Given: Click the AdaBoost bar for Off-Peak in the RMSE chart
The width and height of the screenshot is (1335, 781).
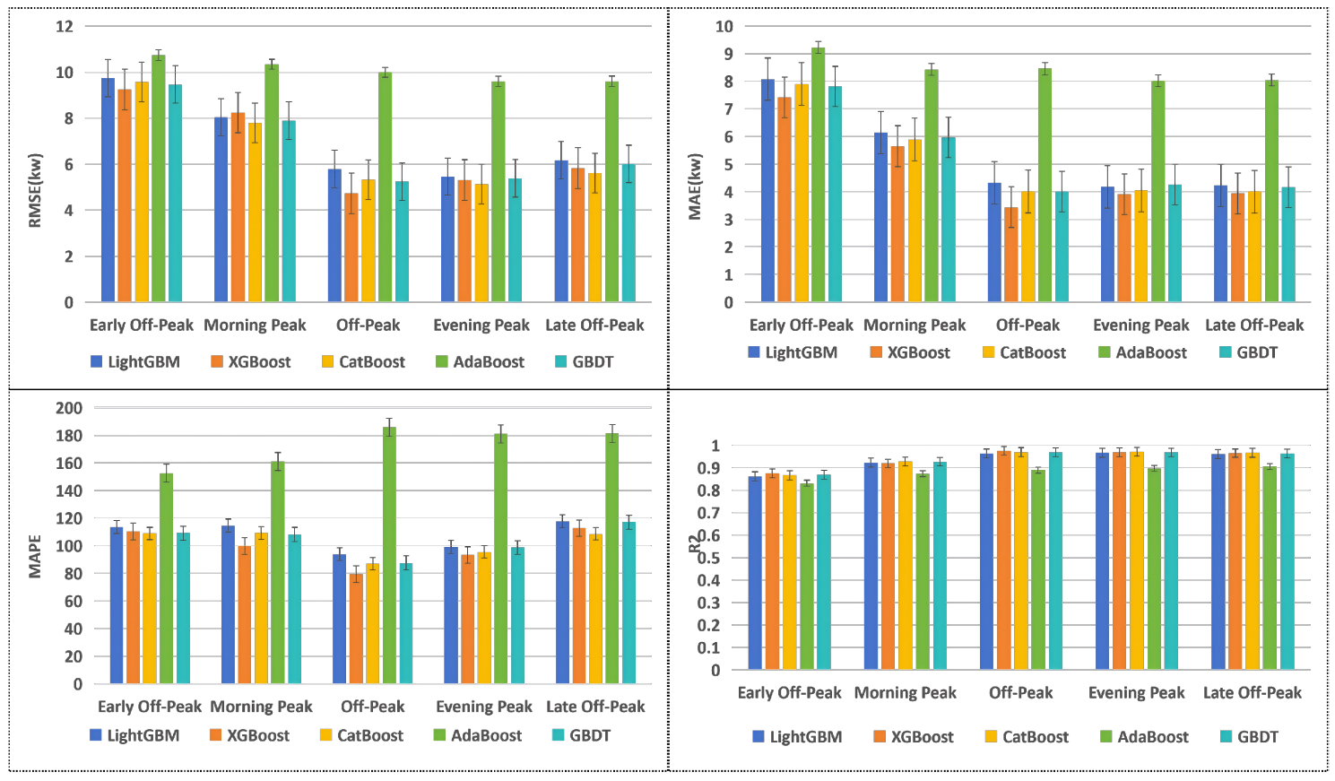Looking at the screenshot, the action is (385, 187).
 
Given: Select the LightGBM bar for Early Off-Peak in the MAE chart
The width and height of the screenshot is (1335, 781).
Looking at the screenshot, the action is (767, 190).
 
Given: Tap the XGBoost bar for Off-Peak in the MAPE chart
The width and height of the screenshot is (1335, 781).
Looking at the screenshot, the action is (356, 629).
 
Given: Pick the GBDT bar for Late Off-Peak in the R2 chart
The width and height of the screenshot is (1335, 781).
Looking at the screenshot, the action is (1287, 561).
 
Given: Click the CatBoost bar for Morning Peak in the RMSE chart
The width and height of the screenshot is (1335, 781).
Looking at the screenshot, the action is (256, 213).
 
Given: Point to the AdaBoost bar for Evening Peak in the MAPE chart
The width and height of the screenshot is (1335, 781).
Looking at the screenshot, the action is (500, 559).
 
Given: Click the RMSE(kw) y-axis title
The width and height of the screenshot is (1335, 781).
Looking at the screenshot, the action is (35, 191).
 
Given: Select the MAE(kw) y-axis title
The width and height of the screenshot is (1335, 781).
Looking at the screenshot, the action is (695, 187).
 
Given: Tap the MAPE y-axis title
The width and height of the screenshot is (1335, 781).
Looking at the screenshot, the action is (35, 557).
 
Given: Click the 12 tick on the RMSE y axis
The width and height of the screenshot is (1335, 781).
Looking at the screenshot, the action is (65, 26).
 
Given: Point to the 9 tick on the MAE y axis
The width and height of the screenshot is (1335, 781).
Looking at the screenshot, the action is (728, 54).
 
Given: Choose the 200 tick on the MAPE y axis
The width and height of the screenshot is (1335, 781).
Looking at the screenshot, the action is (69, 408).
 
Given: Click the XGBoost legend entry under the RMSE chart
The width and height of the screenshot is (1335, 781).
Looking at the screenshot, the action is (251, 362).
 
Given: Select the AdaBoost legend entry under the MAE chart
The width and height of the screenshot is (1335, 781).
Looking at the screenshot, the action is (1142, 352).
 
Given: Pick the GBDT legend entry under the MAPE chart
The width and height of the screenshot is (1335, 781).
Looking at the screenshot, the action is (582, 735).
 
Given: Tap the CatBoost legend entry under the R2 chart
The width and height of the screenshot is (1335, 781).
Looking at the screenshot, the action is (1027, 737).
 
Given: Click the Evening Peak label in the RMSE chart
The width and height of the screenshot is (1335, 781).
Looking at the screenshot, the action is (481, 325).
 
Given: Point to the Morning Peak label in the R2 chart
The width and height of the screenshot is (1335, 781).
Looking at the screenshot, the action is (906, 693).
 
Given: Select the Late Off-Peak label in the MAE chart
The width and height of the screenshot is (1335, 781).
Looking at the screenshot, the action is (1254, 325).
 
